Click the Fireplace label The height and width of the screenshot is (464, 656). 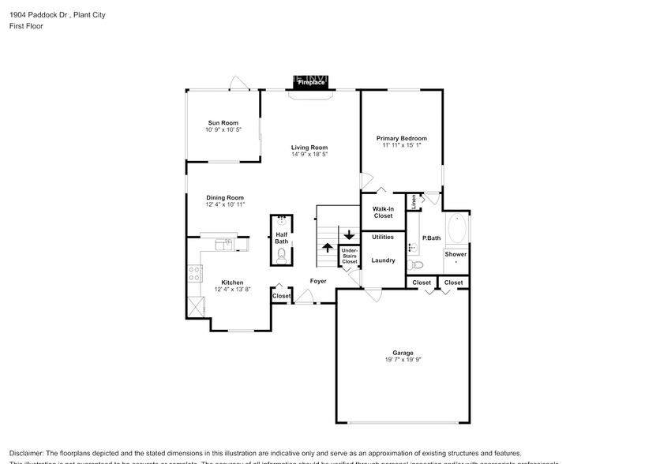tap(311, 82)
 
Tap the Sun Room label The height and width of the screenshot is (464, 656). tap(223, 122)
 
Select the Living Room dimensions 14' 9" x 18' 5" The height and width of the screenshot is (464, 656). tap(309, 154)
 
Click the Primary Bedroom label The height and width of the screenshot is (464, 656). tap(401, 138)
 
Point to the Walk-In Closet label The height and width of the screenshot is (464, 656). tap(383, 212)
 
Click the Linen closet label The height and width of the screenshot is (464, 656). tap(413, 202)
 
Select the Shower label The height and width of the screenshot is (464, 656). tap(455, 254)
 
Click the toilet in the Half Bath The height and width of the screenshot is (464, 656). tap(282, 255)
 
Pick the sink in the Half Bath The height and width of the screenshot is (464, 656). tap(282, 223)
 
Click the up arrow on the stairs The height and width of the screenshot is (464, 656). tap(328, 247)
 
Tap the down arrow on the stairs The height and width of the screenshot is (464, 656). tap(349, 234)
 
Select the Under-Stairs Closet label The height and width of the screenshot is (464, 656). tap(349, 256)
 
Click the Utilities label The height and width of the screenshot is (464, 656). tap(383, 237)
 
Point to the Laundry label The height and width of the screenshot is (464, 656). tap(383, 260)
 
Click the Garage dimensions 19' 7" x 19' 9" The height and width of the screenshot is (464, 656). tap(403, 361)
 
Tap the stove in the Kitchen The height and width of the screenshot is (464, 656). tap(193, 274)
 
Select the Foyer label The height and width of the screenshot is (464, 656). tap(317, 281)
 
